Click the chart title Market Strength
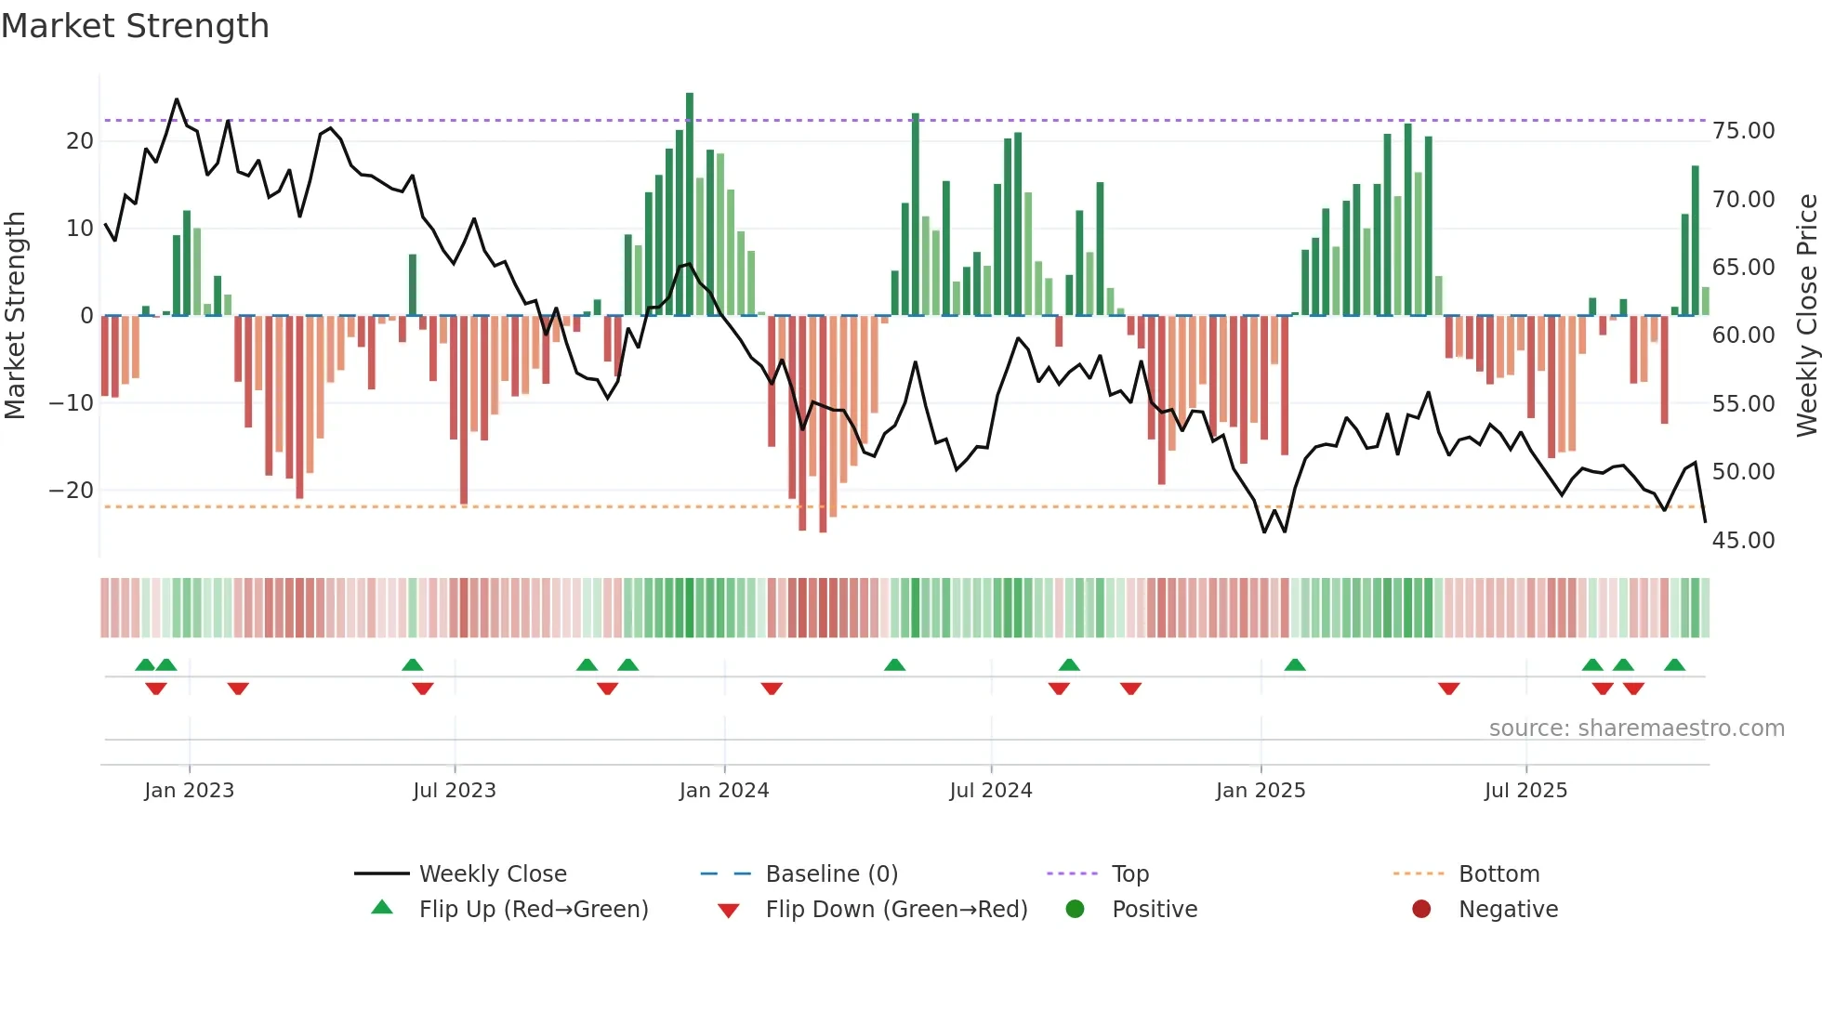[136, 26]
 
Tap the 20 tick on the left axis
[80, 141]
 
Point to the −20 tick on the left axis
[73, 491]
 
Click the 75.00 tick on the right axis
[1743, 131]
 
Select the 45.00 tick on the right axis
[1743, 541]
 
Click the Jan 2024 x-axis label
[724, 791]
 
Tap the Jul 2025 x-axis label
[1525, 791]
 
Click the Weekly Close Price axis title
[1806, 316]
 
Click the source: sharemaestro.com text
[1636, 729]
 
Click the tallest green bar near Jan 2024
[690, 204]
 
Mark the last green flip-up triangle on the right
[1674, 665]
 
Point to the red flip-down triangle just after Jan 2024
[772, 689]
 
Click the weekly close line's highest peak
[177, 100]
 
